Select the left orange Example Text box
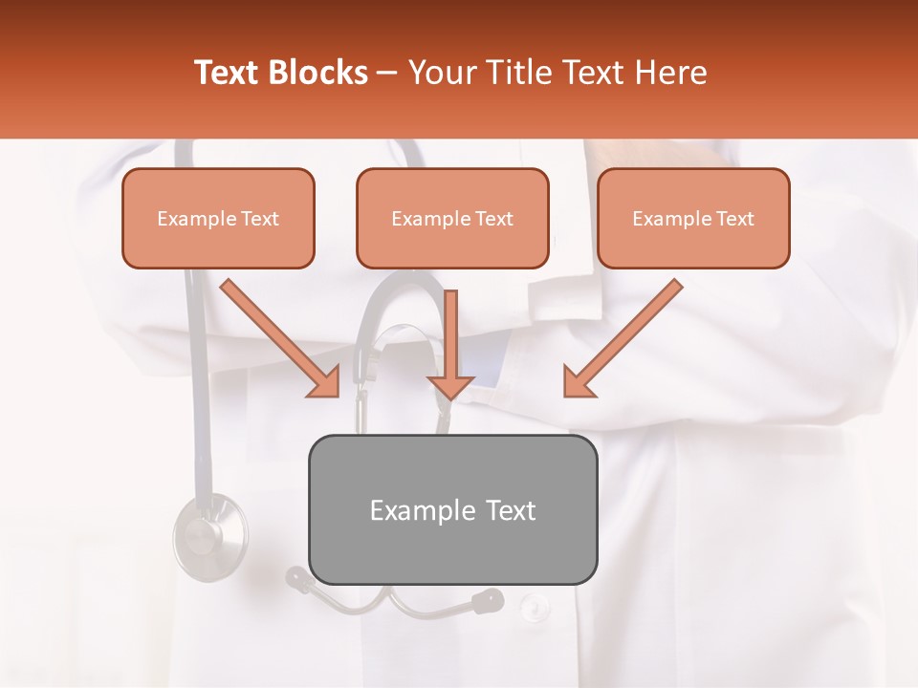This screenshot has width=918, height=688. (x=218, y=218)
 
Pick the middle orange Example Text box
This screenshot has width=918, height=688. (x=452, y=218)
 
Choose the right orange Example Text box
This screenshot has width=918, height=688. (x=693, y=218)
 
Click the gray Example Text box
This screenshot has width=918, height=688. (x=452, y=509)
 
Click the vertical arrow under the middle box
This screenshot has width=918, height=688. (x=450, y=344)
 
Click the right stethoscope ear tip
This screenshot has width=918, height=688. (x=488, y=600)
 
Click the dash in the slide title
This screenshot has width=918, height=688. (x=388, y=74)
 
